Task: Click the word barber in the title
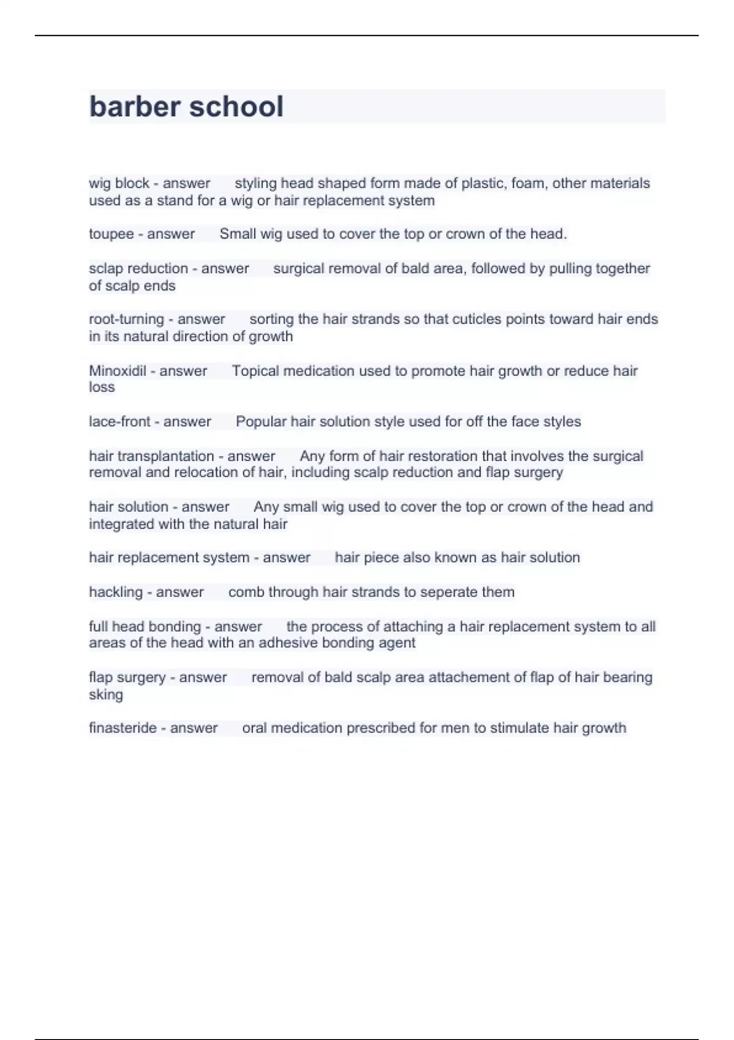(135, 106)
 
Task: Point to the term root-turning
(127, 319)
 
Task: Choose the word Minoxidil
(117, 371)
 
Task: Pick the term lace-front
(119, 422)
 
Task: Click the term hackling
(116, 592)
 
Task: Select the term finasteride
(123, 728)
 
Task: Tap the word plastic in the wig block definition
(483, 184)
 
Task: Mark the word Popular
(261, 422)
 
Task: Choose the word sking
(106, 695)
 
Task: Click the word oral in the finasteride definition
(254, 728)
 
